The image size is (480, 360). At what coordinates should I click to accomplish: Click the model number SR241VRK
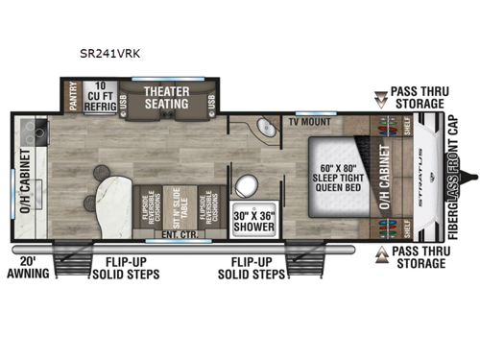(113, 55)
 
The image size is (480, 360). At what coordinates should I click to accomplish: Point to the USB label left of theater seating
(128, 99)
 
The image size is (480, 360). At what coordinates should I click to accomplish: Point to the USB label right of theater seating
(211, 99)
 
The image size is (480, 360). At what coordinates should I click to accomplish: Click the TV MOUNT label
(309, 124)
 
